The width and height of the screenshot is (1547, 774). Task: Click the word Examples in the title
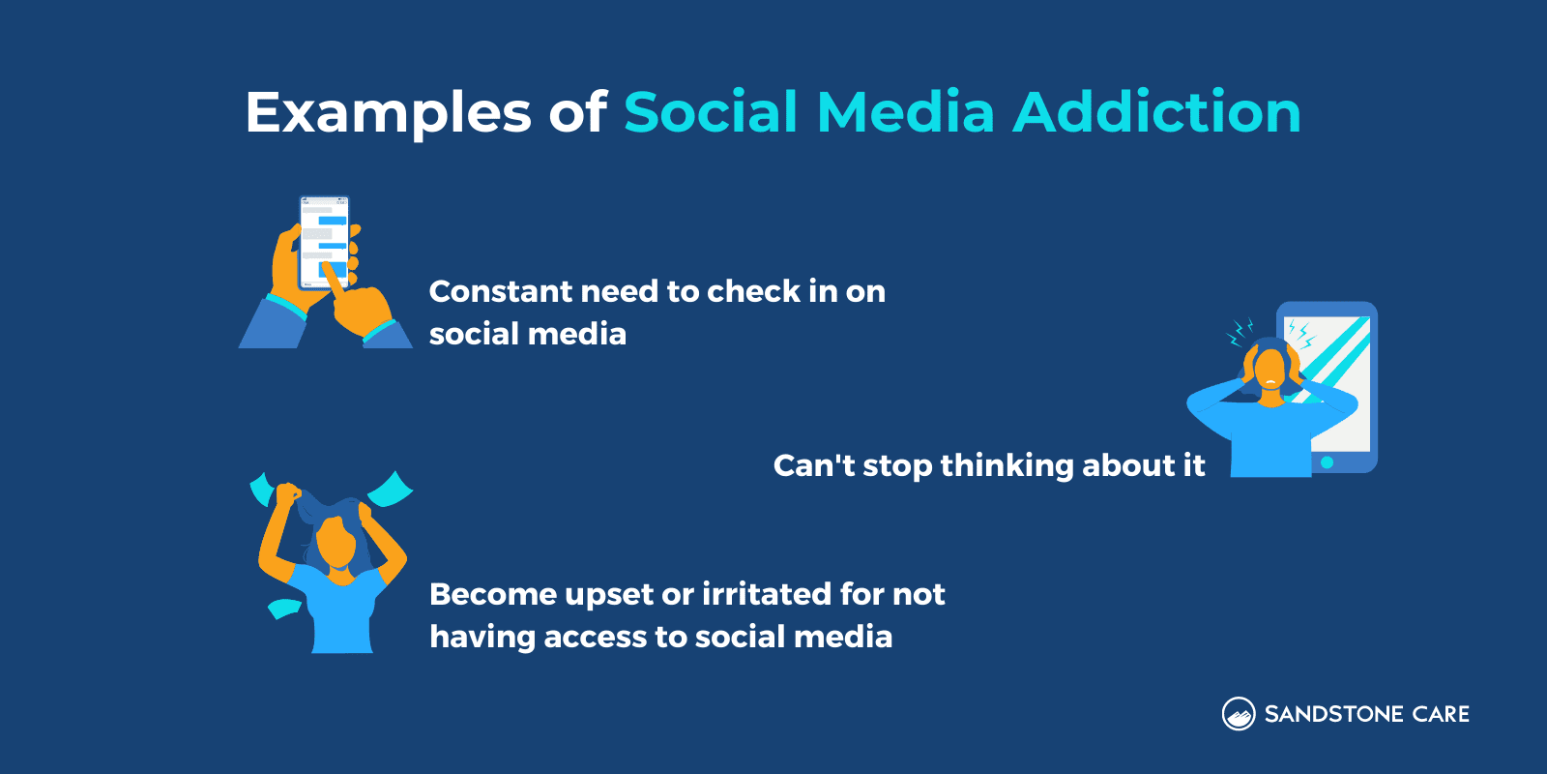click(x=388, y=112)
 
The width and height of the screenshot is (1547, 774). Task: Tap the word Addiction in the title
click(x=1156, y=112)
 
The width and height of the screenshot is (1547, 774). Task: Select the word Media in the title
click(x=905, y=112)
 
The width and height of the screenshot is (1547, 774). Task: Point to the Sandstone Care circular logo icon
click(x=1239, y=714)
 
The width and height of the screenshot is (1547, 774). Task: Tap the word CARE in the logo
click(x=1441, y=714)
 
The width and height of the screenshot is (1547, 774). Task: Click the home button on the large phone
click(x=1328, y=462)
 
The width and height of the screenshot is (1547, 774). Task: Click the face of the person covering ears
click(x=1270, y=372)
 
